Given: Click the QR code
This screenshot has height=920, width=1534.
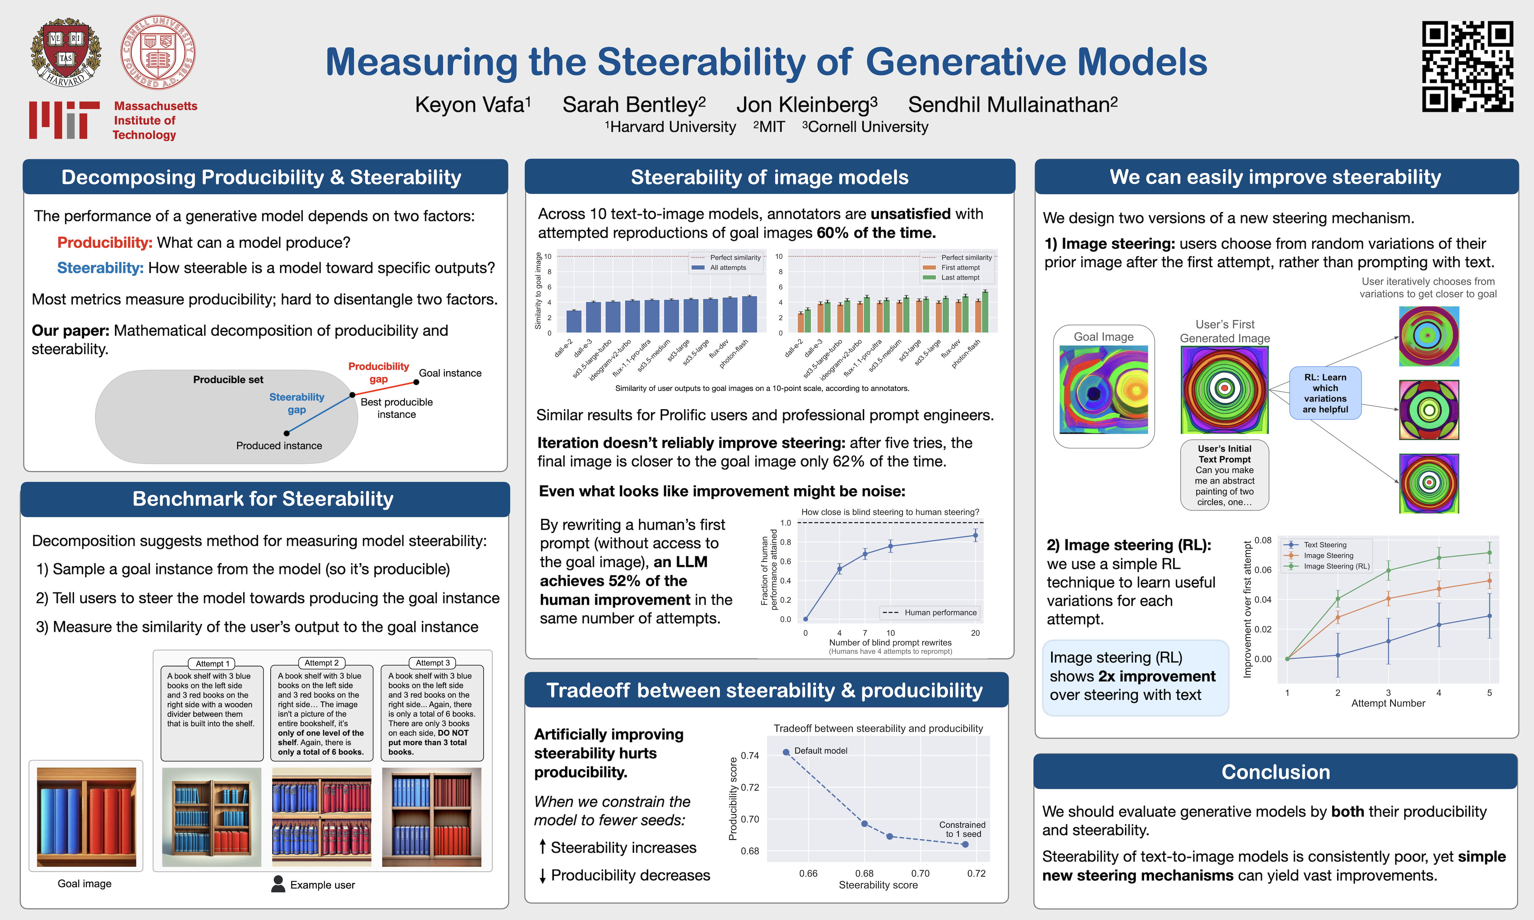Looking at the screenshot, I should pos(1467,66).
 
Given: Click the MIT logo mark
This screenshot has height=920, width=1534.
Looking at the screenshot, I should pos(64,120).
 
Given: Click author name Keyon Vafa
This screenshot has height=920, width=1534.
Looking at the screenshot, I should pos(472,105).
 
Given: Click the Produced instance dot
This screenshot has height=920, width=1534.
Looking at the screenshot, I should pos(286,433).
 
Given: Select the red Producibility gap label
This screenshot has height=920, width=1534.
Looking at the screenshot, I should pos(378,372).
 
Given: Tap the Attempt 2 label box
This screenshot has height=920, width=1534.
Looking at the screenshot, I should pos(322,663).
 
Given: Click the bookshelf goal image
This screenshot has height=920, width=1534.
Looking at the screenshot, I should pos(86,816).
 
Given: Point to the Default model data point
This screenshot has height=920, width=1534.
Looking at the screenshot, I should pos(786,752).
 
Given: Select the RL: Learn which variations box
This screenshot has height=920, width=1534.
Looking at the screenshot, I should pos(1325,393).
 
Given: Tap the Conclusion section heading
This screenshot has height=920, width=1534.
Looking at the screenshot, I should pos(1275,772).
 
